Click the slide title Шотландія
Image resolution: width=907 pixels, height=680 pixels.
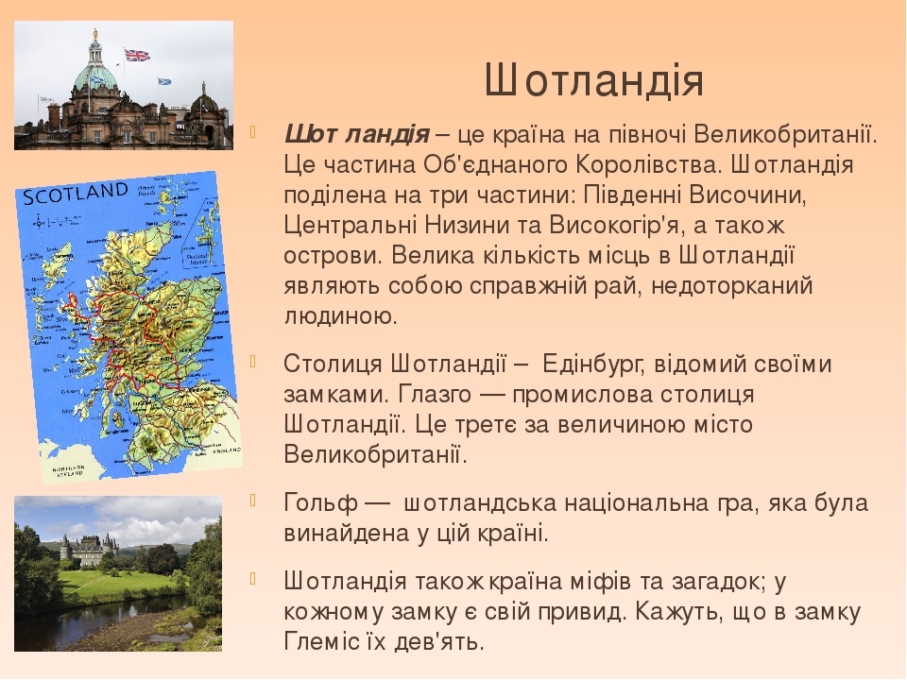(x=593, y=81)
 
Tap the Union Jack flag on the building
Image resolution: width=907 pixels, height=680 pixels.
(x=137, y=56)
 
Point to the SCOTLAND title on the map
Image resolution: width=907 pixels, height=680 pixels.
(x=76, y=195)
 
